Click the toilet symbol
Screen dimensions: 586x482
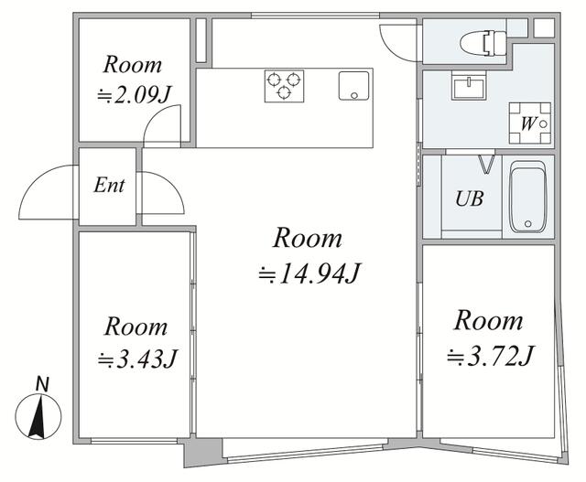(483, 44)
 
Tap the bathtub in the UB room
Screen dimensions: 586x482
(528, 197)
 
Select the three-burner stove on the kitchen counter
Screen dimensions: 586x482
(284, 86)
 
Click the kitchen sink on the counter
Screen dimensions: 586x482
(353, 85)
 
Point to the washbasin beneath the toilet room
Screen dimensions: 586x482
(469, 85)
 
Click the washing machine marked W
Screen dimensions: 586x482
(529, 123)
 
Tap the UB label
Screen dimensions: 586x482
(470, 198)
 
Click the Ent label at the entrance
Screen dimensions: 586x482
(109, 185)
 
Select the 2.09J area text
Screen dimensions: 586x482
(134, 95)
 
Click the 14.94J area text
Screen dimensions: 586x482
(309, 273)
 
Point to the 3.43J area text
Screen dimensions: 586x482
(136, 359)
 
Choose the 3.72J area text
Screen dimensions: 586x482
(491, 356)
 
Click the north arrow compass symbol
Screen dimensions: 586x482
(38, 416)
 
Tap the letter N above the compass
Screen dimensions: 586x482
(43, 384)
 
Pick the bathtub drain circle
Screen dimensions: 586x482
(527, 224)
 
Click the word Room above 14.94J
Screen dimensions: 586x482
(308, 238)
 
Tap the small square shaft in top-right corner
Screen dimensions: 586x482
(544, 28)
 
